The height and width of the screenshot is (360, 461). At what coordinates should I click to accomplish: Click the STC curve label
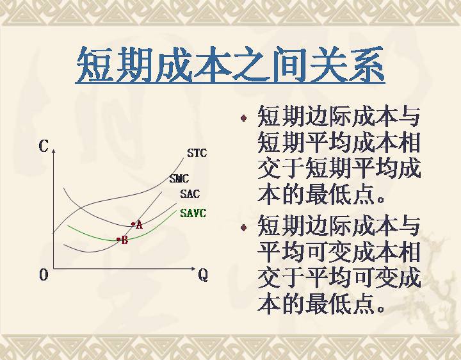(x=197, y=153)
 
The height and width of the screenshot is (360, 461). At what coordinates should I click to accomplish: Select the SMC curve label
(x=179, y=179)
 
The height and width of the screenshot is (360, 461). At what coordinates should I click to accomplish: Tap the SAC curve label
(x=190, y=194)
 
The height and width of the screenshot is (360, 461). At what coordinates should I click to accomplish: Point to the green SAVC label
(x=193, y=213)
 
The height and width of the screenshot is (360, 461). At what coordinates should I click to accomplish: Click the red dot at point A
(x=133, y=224)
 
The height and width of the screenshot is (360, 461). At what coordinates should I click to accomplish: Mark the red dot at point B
(x=118, y=240)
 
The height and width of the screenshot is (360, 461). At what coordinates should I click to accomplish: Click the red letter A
(x=140, y=225)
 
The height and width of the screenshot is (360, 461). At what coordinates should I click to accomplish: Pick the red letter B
(x=125, y=241)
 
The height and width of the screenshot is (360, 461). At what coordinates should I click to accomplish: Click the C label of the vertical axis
(x=44, y=145)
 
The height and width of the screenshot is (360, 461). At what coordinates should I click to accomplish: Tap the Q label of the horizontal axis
(x=203, y=275)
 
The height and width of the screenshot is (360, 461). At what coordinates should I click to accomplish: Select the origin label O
(x=44, y=275)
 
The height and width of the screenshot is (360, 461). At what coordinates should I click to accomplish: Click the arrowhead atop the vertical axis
(x=53, y=151)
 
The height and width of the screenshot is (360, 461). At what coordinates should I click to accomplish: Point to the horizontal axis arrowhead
(x=193, y=268)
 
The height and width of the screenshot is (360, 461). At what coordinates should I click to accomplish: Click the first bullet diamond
(x=243, y=119)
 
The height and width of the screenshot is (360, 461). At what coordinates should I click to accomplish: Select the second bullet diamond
(x=243, y=227)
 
